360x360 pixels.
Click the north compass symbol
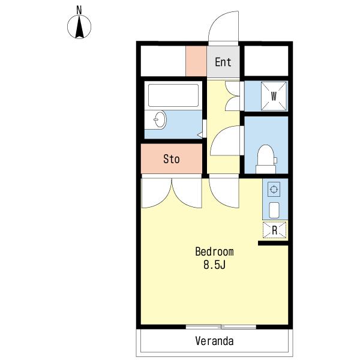pos(79,27)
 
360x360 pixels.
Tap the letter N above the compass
pos(79,10)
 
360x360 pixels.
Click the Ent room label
pos(223,62)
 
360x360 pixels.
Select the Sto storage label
pos(171,159)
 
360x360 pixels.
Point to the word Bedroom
pos(214,251)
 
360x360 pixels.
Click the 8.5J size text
pos(214,265)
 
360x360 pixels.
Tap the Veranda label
pos(214,341)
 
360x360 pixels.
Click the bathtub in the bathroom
pos(173,95)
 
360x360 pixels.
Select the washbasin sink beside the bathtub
pos(160,119)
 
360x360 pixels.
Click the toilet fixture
pos(266,160)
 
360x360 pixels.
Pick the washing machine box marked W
pos(274,96)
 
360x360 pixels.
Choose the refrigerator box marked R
pos(274,230)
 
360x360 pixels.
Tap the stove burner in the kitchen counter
pos(274,190)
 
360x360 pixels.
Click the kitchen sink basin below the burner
pos(274,210)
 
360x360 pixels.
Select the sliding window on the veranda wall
pos(221,327)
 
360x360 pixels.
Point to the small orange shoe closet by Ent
pos(196,61)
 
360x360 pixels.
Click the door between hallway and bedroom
pos(224,193)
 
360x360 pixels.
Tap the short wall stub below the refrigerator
pos(273,243)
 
